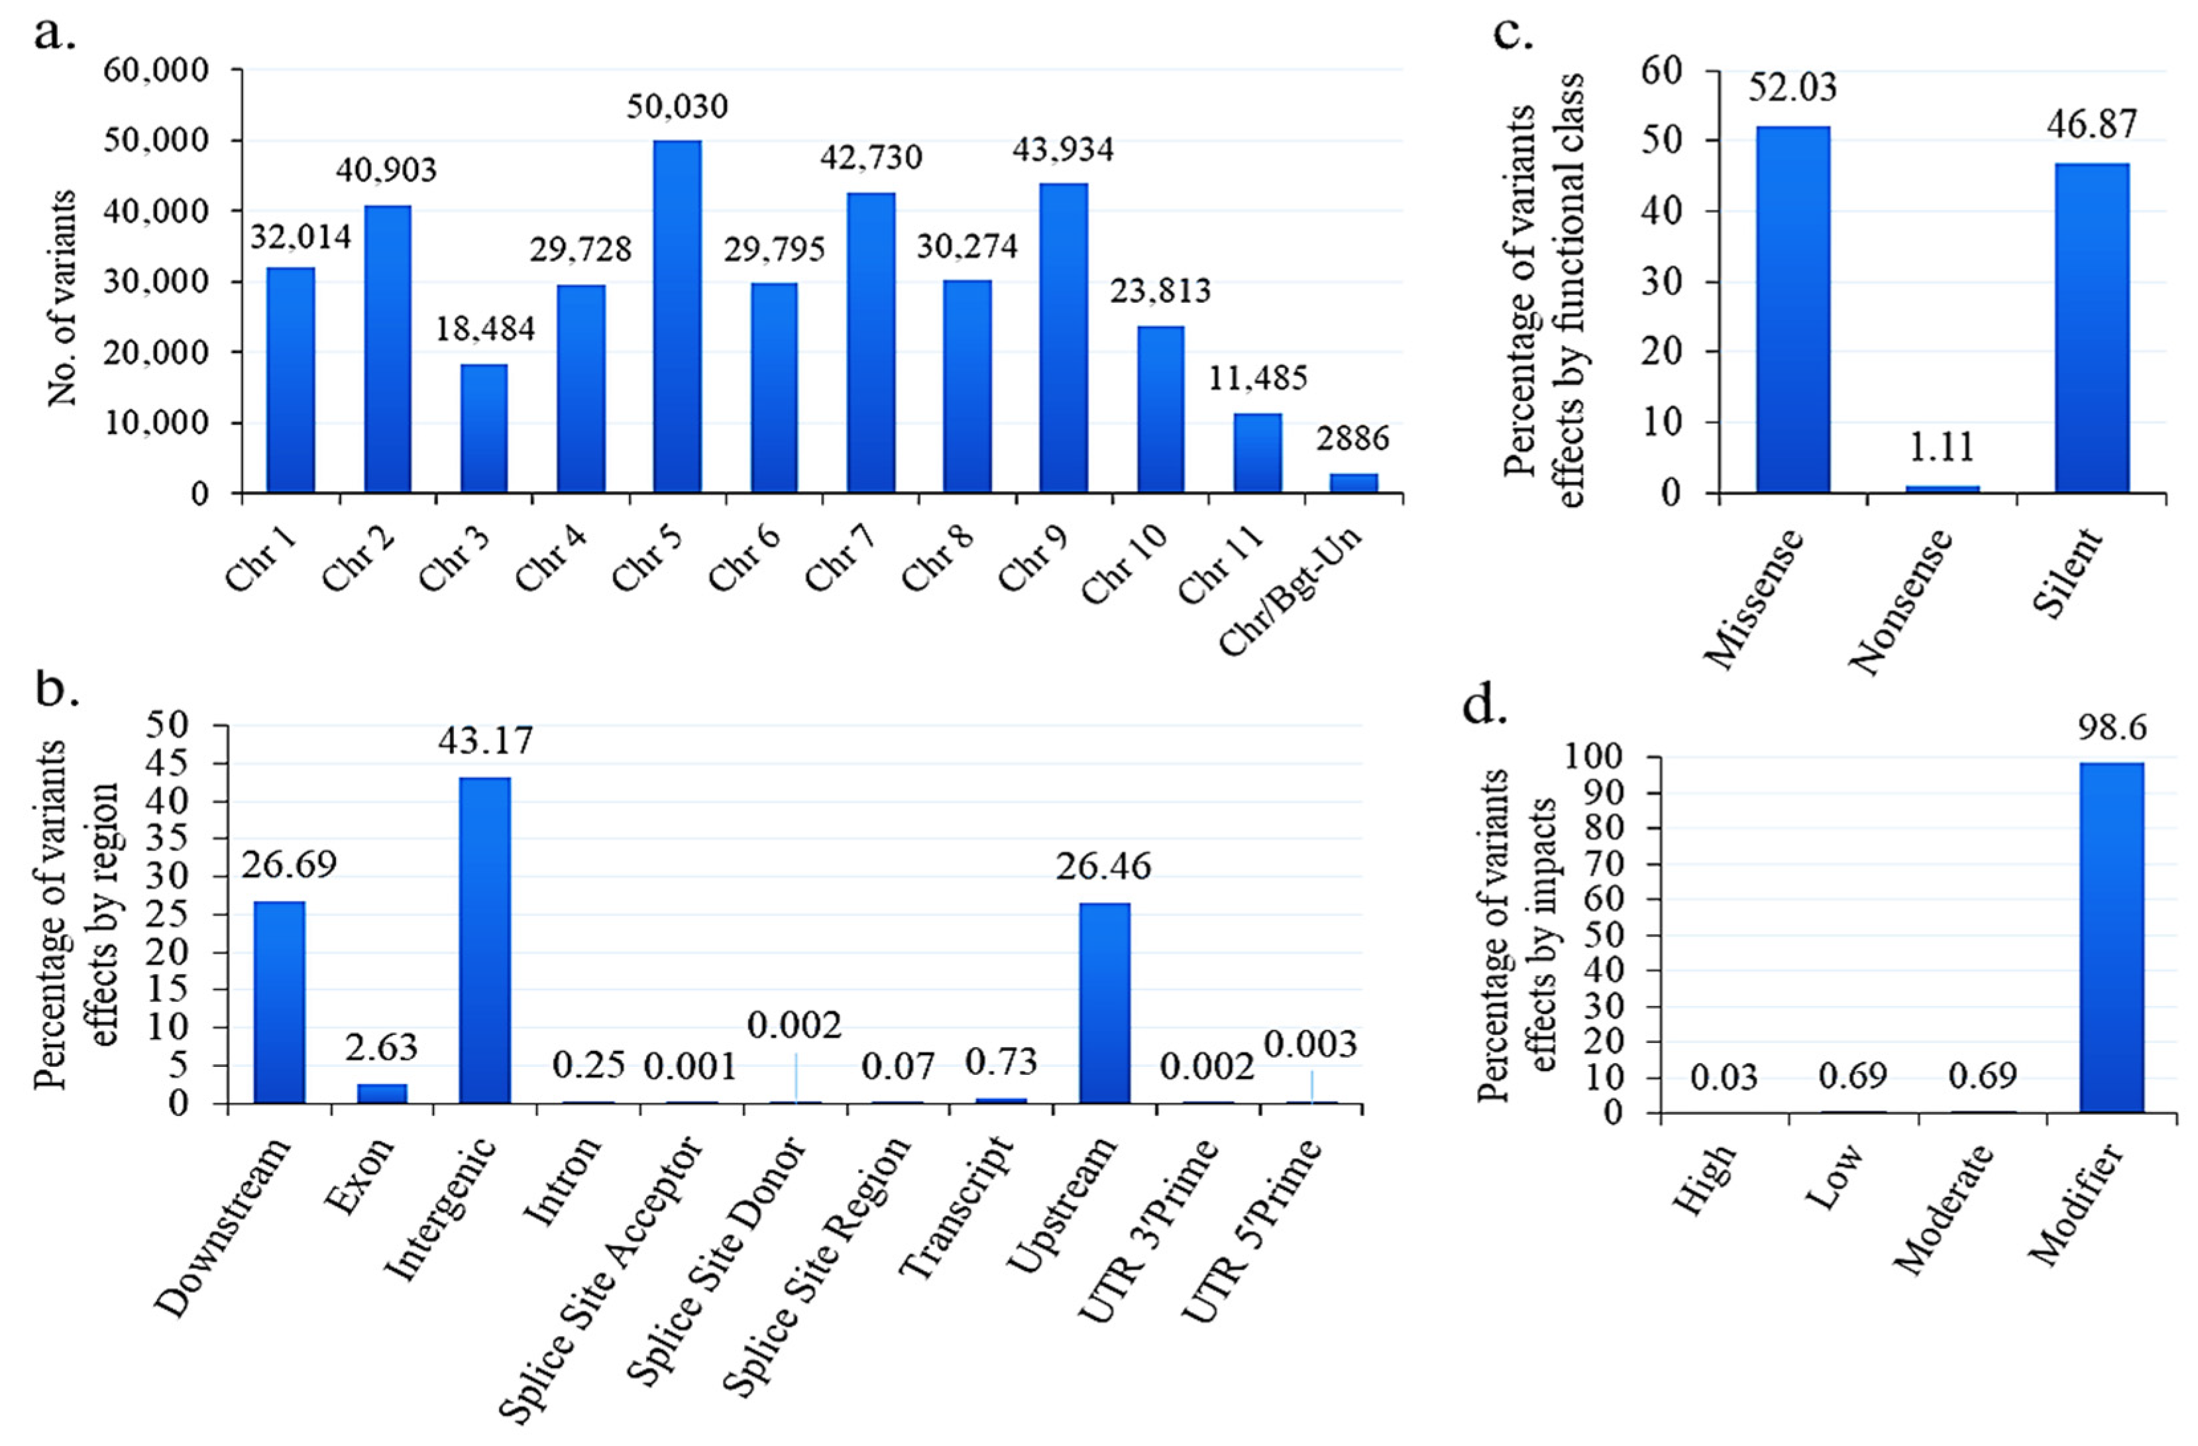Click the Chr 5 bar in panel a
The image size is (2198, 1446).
point(677,317)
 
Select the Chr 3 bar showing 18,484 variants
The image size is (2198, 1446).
point(484,429)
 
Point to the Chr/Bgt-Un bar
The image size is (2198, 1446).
point(1354,484)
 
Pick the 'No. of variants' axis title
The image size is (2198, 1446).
point(62,298)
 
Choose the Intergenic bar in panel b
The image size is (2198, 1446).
point(486,940)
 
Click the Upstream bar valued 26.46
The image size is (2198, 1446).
point(1105,1003)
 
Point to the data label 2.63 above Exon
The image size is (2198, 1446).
point(382,1047)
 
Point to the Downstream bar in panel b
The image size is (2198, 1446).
point(279,1002)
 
